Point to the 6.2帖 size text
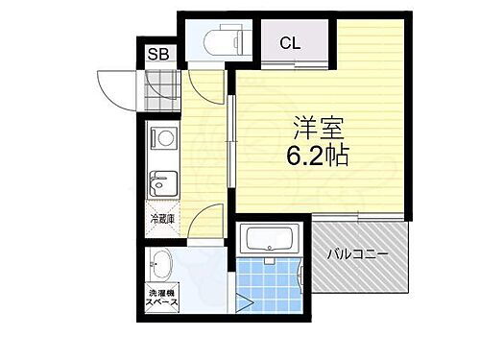tap(314, 156)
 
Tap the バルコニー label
tap(356, 255)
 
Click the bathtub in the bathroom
tap(271, 239)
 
